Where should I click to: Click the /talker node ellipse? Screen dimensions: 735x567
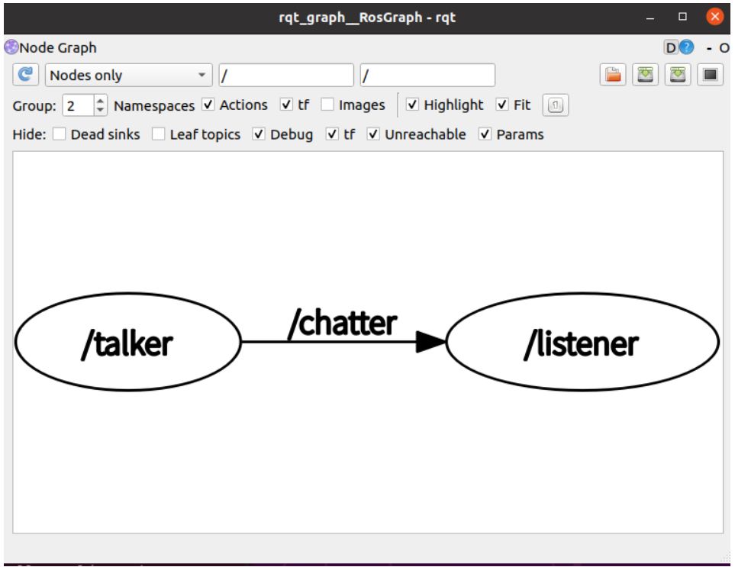click(128, 342)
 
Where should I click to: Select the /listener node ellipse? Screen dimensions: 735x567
click(582, 342)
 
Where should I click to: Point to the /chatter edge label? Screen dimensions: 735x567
click(343, 323)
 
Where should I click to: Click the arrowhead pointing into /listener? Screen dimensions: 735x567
click(430, 342)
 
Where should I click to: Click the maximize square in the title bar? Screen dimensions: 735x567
click(682, 17)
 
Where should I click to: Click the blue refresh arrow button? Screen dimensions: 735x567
click(25, 75)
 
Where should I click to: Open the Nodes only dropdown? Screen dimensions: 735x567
click(128, 75)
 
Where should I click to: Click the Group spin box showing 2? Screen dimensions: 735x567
click(85, 105)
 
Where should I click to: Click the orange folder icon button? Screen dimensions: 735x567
click(613, 75)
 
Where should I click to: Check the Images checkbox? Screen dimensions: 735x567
click(327, 105)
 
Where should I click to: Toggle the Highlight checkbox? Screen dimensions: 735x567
click(412, 105)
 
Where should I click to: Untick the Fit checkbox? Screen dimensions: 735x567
click(502, 105)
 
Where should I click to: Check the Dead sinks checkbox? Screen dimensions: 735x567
click(59, 134)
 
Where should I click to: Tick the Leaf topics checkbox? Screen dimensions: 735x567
click(159, 134)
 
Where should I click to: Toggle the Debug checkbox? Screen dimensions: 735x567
click(258, 134)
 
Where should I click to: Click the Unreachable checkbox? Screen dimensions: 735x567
click(373, 134)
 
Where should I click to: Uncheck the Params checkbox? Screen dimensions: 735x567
click(485, 134)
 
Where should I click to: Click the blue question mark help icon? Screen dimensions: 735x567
click(686, 47)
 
